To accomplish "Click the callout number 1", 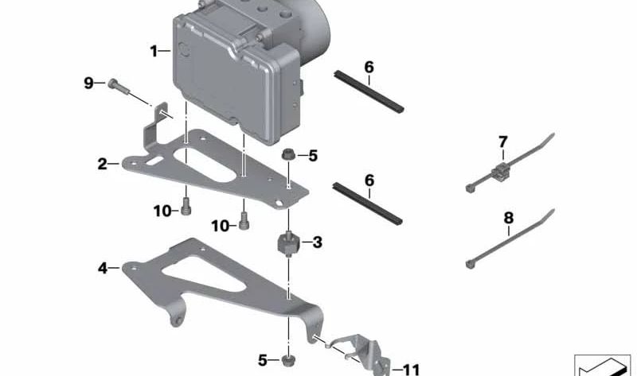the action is click(154, 52).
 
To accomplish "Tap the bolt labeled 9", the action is click(118, 87).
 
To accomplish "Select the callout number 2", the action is click(103, 164).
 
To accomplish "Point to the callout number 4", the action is click(103, 268).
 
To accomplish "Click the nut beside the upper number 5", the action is click(288, 154).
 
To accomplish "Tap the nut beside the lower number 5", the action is click(288, 360).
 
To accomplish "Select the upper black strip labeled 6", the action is click(369, 91).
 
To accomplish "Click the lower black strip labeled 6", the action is click(367, 204).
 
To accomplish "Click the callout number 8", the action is click(509, 219).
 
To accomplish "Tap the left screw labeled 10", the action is click(186, 206).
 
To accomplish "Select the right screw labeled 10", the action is click(244, 221).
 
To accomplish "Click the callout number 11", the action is click(411, 370).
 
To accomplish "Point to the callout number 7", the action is click(503, 142).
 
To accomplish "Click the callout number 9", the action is click(88, 83).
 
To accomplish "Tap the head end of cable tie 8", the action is click(470, 265).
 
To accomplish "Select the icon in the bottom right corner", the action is click(603, 366).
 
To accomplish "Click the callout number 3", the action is click(317, 242).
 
